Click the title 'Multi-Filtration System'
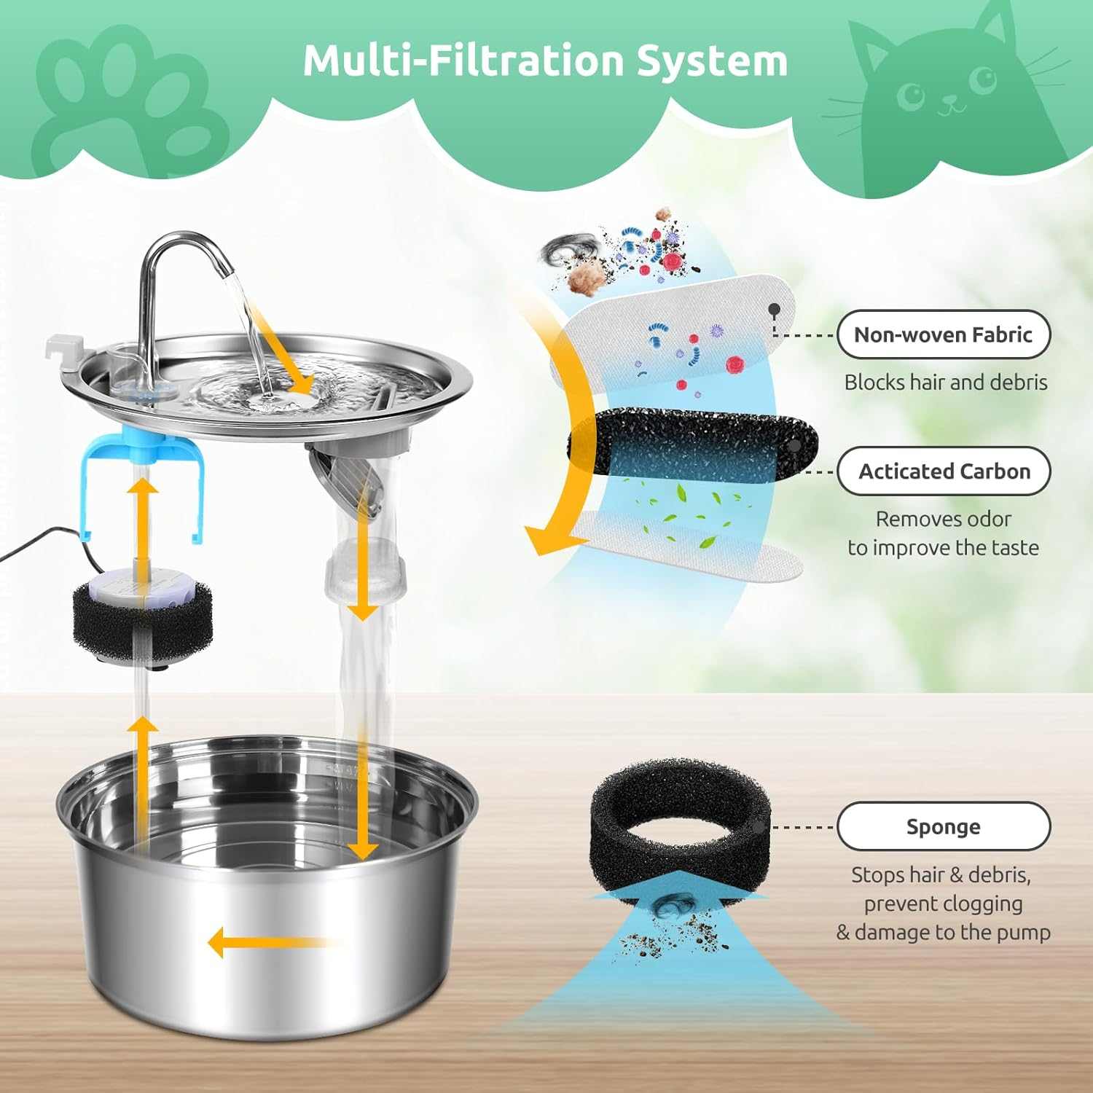545,60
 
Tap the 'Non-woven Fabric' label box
943,334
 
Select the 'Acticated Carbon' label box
944,471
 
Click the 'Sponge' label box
943,826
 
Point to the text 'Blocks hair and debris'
945,382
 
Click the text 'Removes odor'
943,519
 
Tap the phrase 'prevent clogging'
943,904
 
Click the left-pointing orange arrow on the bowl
270,943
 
